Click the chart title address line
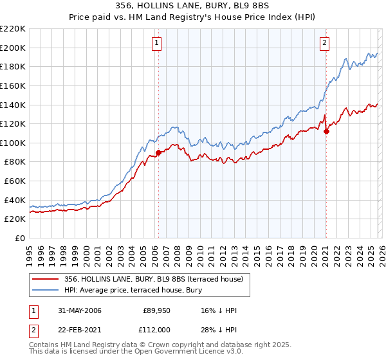(x=192, y=6)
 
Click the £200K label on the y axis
(x=13, y=48)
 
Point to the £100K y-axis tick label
(x=13, y=143)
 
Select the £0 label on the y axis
(x=20, y=238)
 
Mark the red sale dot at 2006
(x=158, y=152)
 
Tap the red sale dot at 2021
(x=326, y=132)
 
